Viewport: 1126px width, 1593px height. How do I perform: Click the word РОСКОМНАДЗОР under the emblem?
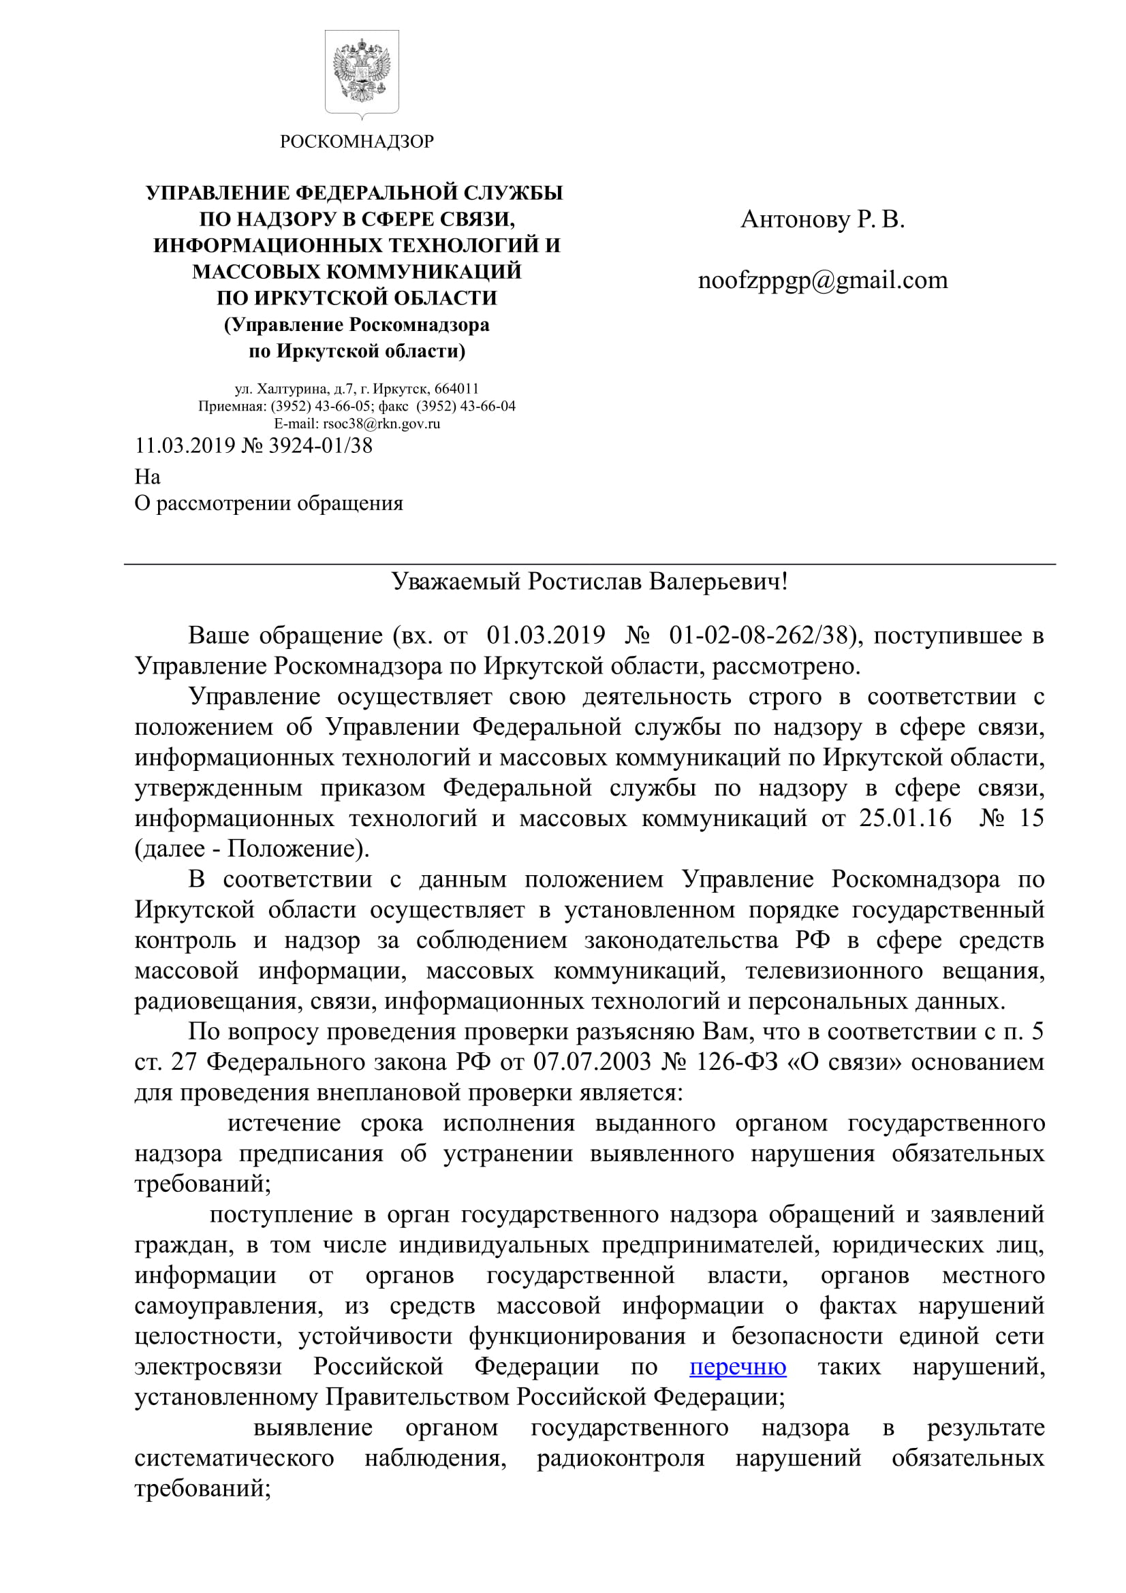[x=357, y=142]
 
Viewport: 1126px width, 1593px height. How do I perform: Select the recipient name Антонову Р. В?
[x=822, y=219]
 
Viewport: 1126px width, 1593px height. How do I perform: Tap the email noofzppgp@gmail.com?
[x=822, y=281]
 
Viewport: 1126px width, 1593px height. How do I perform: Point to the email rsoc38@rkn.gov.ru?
[x=381, y=423]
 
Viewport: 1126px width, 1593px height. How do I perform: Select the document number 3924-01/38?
[x=320, y=445]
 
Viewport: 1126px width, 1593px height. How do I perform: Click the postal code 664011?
[x=456, y=388]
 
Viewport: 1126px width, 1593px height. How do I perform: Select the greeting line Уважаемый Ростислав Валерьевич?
[x=590, y=582]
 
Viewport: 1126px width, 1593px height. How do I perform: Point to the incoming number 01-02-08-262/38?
[x=759, y=635]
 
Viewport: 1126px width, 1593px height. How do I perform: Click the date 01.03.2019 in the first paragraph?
[x=546, y=635]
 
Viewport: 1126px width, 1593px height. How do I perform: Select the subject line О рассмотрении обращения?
[x=268, y=503]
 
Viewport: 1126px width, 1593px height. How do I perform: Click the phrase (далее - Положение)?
[x=252, y=849]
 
